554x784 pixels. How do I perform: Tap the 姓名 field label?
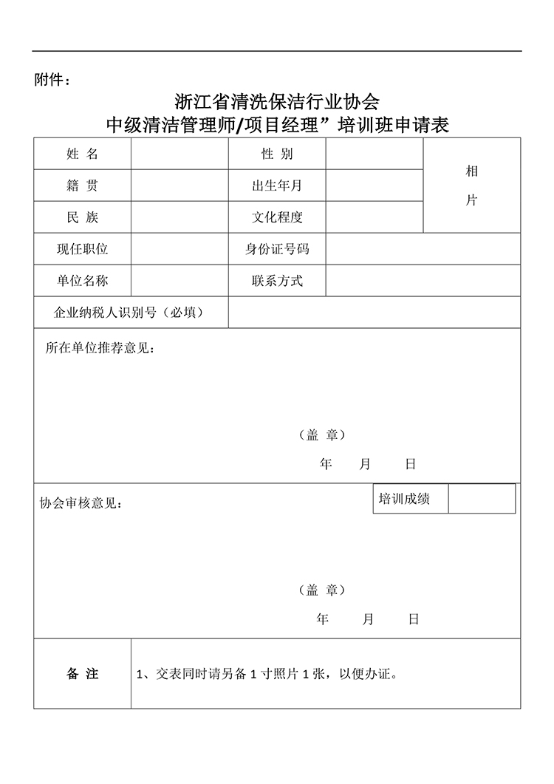point(82,154)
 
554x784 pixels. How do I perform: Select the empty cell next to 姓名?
point(179,154)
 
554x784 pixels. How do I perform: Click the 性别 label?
point(277,154)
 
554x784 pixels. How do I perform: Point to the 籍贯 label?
point(82,185)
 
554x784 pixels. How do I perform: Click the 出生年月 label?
point(277,185)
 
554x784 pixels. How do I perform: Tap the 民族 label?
point(82,217)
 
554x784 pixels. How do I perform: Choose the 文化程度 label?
point(277,217)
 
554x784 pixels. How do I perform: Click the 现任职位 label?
point(82,249)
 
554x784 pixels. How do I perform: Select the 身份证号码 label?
point(277,249)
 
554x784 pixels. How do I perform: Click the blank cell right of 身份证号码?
point(423,249)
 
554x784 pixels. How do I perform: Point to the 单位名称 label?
point(82,281)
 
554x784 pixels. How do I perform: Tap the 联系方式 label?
point(277,281)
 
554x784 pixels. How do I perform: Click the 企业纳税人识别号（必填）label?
point(129,313)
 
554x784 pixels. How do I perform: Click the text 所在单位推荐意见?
point(100,348)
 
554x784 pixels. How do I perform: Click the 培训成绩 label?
point(404,499)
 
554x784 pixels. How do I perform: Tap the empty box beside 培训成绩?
point(481,499)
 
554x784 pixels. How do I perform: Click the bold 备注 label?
point(82,674)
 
